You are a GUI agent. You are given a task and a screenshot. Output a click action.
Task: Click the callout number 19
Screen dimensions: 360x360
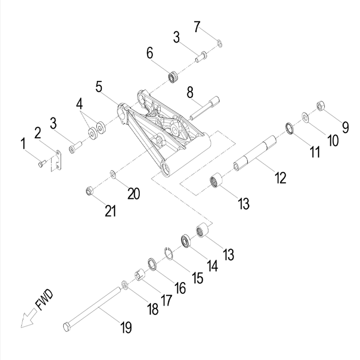click(126, 328)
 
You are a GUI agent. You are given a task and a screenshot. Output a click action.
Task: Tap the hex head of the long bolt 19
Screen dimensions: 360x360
click(67, 326)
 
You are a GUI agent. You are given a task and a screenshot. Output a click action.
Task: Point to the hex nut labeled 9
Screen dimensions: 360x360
click(320, 105)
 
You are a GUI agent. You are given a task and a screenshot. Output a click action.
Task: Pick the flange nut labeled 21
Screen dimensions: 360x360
click(89, 191)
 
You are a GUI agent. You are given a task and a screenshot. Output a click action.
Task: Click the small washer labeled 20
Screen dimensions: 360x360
click(113, 174)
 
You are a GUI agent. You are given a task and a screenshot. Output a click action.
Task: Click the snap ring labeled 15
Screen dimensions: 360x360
click(169, 253)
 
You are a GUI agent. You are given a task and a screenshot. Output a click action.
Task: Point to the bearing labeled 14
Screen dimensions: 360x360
click(185, 241)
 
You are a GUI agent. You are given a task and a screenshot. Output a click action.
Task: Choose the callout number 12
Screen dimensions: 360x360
click(281, 178)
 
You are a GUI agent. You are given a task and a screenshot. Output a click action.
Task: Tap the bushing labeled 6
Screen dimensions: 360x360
click(173, 77)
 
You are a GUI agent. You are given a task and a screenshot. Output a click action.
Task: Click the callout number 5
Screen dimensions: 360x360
click(99, 86)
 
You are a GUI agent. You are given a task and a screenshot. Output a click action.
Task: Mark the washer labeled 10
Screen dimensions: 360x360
click(306, 117)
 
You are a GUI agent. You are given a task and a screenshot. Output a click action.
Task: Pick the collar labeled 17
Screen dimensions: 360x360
click(140, 275)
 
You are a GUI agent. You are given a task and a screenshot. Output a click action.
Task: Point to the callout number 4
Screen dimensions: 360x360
click(80, 104)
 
